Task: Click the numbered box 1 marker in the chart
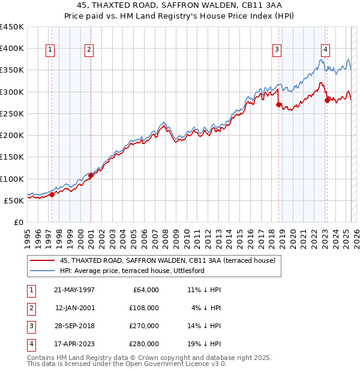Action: (49, 50)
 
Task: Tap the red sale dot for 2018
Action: (278, 104)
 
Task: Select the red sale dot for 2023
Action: (327, 100)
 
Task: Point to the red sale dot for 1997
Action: (52, 194)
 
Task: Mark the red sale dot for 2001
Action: (91, 175)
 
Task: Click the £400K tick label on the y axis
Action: (12, 48)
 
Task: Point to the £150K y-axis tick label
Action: (12, 157)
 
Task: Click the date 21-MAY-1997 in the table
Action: (74, 290)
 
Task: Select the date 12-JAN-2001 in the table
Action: (74, 308)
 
